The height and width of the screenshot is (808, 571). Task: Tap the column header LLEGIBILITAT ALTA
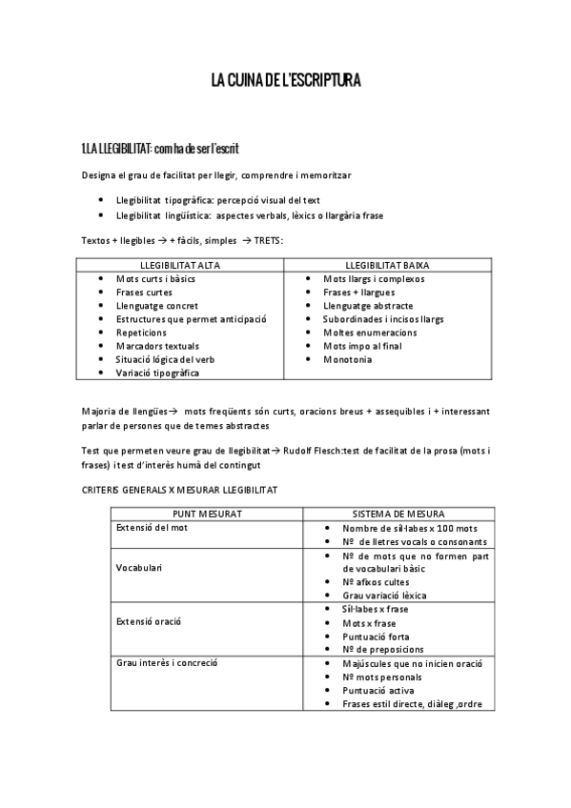tap(180, 265)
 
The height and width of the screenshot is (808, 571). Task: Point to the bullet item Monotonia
tap(348, 359)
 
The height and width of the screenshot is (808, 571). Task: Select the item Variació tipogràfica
tap(158, 373)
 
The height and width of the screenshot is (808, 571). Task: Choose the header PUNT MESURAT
tap(207, 514)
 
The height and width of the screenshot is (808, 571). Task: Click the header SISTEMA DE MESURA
tap(398, 514)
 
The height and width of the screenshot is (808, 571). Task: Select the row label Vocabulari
tap(139, 568)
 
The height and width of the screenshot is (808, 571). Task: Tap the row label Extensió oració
tap(149, 621)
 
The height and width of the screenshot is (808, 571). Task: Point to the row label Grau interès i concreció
tap(167, 662)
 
